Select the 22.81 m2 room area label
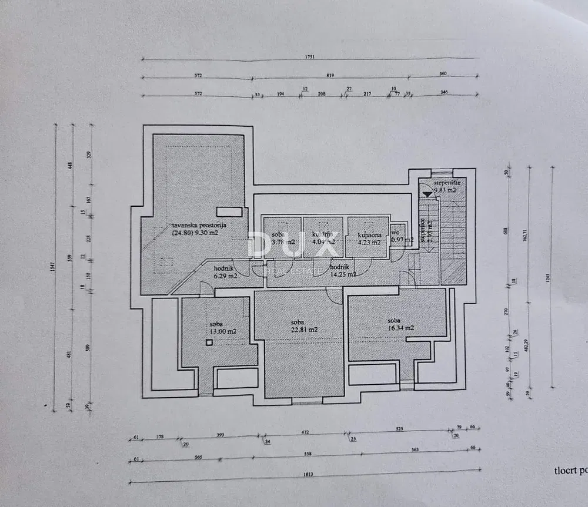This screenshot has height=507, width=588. coord(303,330)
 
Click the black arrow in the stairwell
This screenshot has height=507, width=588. coord(427,193)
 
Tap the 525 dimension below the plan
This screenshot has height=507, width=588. coord(399,429)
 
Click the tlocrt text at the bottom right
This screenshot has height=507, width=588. coord(569,470)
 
